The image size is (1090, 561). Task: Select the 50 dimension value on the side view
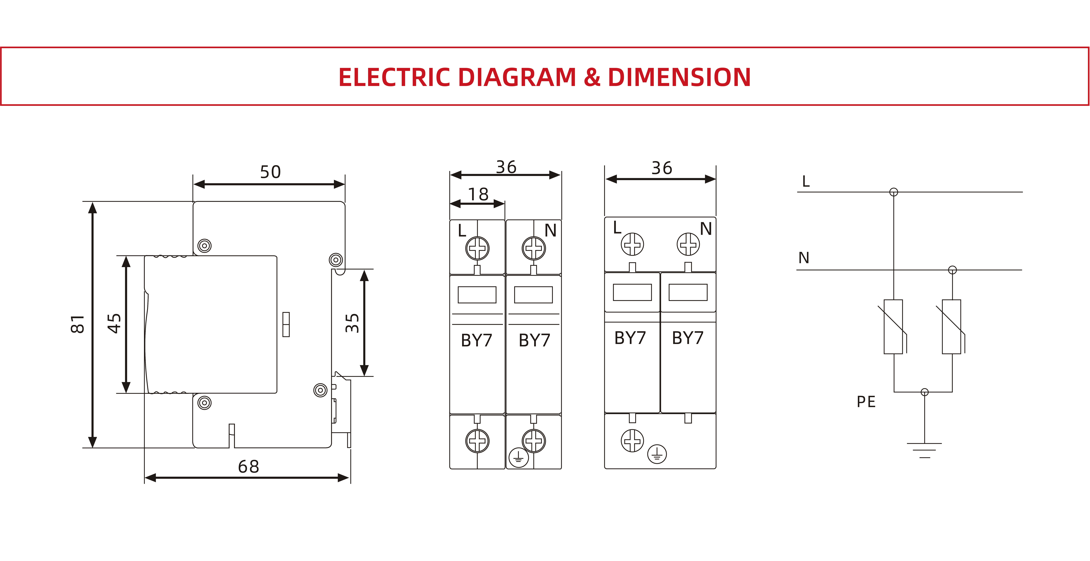point(270,172)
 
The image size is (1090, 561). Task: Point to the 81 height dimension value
point(77,324)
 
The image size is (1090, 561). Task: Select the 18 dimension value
point(478,194)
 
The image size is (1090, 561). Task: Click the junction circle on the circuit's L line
point(894,192)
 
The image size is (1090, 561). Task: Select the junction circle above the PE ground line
point(925,392)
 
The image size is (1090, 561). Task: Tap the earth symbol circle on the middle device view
point(518,458)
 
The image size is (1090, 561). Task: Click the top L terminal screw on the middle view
point(477,248)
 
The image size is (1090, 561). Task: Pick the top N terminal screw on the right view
point(688,244)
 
